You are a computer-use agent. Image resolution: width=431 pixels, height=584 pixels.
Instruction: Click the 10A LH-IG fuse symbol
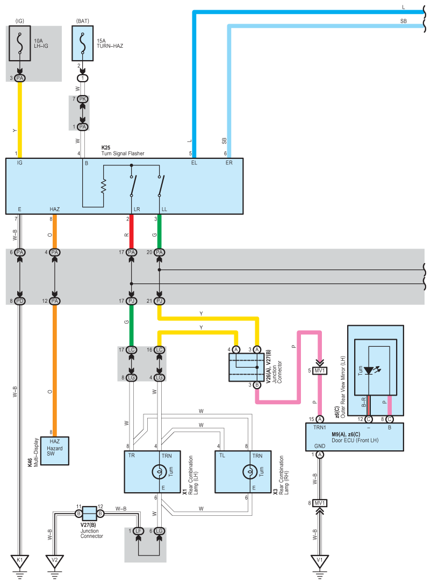(20, 43)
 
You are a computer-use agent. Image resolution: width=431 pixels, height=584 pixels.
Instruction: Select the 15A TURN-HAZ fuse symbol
(82, 43)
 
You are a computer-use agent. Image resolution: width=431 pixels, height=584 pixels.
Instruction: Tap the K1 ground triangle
(20, 561)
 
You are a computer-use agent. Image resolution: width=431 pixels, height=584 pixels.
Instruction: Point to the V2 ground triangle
(55, 561)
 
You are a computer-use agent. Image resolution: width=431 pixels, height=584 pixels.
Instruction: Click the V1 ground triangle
(320, 561)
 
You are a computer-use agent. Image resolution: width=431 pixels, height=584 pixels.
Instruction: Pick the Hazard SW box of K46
(55, 451)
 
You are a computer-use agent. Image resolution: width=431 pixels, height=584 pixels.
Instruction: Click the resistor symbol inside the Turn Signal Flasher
(103, 186)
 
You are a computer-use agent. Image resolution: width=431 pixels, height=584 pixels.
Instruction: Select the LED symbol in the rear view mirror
(369, 370)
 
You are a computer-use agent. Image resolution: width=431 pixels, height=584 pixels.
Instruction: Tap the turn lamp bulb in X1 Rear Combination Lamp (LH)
(159, 472)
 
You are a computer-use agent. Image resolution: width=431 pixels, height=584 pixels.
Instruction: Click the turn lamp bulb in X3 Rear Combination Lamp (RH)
(250, 472)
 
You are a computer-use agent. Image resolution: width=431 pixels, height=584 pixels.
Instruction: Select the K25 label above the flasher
(106, 148)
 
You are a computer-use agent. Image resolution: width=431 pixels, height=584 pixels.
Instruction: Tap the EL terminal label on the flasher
(194, 163)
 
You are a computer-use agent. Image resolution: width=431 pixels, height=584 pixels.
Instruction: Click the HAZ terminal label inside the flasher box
(54, 209)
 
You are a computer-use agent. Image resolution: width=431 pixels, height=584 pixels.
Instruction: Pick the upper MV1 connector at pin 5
(320, 370)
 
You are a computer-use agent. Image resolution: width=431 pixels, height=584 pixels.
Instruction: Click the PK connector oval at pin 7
(82, 99)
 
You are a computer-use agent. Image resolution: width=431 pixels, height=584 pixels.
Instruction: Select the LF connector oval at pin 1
(138, 531)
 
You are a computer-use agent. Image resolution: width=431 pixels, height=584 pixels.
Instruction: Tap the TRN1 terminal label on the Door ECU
(320, 428)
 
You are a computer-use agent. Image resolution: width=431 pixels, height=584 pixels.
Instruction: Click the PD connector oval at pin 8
(20, 301)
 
